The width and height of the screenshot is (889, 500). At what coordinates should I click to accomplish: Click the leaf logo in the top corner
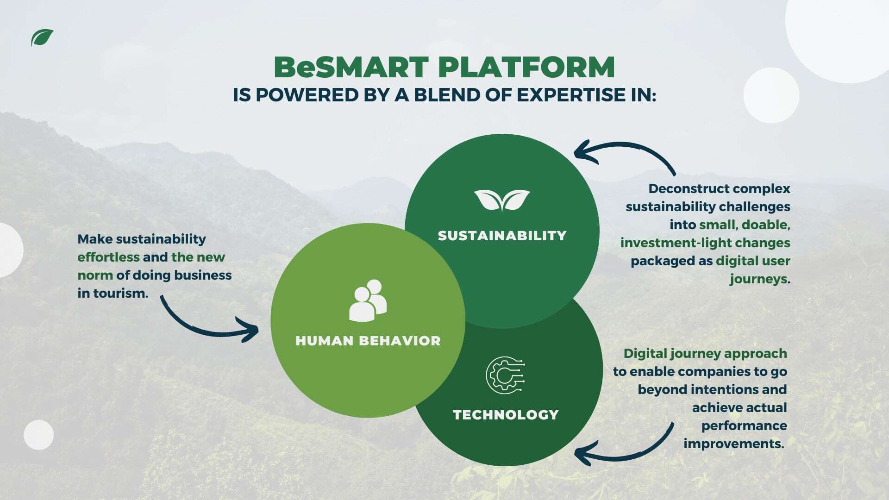click(42, 37)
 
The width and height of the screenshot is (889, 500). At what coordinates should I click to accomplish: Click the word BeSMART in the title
click(351, 67)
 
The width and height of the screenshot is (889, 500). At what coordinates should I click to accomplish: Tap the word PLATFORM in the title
click(526, 67)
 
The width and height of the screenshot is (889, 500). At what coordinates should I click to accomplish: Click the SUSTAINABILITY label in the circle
click(502, 236)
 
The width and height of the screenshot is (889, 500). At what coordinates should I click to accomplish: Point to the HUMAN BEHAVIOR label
click(368, 341)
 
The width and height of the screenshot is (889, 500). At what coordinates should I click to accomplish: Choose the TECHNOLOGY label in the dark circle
click(506, 414)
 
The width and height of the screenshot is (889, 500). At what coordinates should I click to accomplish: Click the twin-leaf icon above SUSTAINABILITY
click(502, 200)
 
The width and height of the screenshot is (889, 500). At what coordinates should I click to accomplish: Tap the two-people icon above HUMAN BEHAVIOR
click(368, 300)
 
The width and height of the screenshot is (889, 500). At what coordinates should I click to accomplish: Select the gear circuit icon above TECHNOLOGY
click(505, 375)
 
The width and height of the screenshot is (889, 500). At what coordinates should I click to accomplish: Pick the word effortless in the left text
click(108, 257)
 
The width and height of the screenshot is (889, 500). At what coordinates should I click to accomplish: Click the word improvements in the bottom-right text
click(733, 444)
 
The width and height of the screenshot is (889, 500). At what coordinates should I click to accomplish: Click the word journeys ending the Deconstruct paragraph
click(758, 279)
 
